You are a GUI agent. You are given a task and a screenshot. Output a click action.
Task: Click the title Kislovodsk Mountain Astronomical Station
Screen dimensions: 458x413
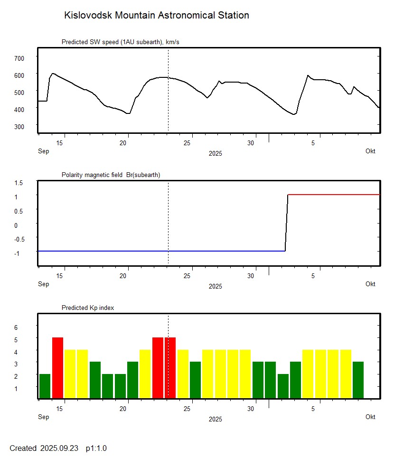(x=156, y=15)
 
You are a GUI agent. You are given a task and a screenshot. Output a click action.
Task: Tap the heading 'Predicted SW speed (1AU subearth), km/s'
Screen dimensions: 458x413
(x=120, y=42)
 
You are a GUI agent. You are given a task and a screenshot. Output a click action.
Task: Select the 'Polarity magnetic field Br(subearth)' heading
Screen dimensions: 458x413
(x=111, y=175)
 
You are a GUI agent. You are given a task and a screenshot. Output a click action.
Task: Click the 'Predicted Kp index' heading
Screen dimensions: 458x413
(x=88, y=308)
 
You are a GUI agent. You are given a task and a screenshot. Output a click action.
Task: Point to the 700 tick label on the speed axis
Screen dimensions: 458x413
(x=19, y=58)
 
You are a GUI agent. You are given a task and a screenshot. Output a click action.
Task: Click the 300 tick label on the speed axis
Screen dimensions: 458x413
(x=19, y=126)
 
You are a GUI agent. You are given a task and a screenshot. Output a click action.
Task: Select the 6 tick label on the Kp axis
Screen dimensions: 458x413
(x=16, y=327)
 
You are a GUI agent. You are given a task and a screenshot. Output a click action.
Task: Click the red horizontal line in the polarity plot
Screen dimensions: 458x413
(x=332, y=195)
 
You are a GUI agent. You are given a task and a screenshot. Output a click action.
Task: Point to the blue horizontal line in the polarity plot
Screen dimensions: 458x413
(x=161, y=251)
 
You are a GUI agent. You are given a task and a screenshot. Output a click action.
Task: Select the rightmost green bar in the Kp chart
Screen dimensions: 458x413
(x=358, y=380)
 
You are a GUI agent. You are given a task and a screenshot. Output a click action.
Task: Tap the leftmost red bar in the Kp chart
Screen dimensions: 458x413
(x=57, y=367)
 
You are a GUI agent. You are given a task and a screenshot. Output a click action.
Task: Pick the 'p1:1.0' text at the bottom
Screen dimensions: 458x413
(x=96, y=448)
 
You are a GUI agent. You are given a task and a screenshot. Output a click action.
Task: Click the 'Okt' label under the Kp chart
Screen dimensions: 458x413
(x=370, y=417)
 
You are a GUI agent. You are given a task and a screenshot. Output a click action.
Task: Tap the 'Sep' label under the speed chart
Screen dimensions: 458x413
(x=43, y=151)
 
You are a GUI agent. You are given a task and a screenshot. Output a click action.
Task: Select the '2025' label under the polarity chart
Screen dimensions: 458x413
(x=215, y=286)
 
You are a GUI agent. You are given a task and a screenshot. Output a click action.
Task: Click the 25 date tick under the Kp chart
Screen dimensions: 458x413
(x=188, y=409)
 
